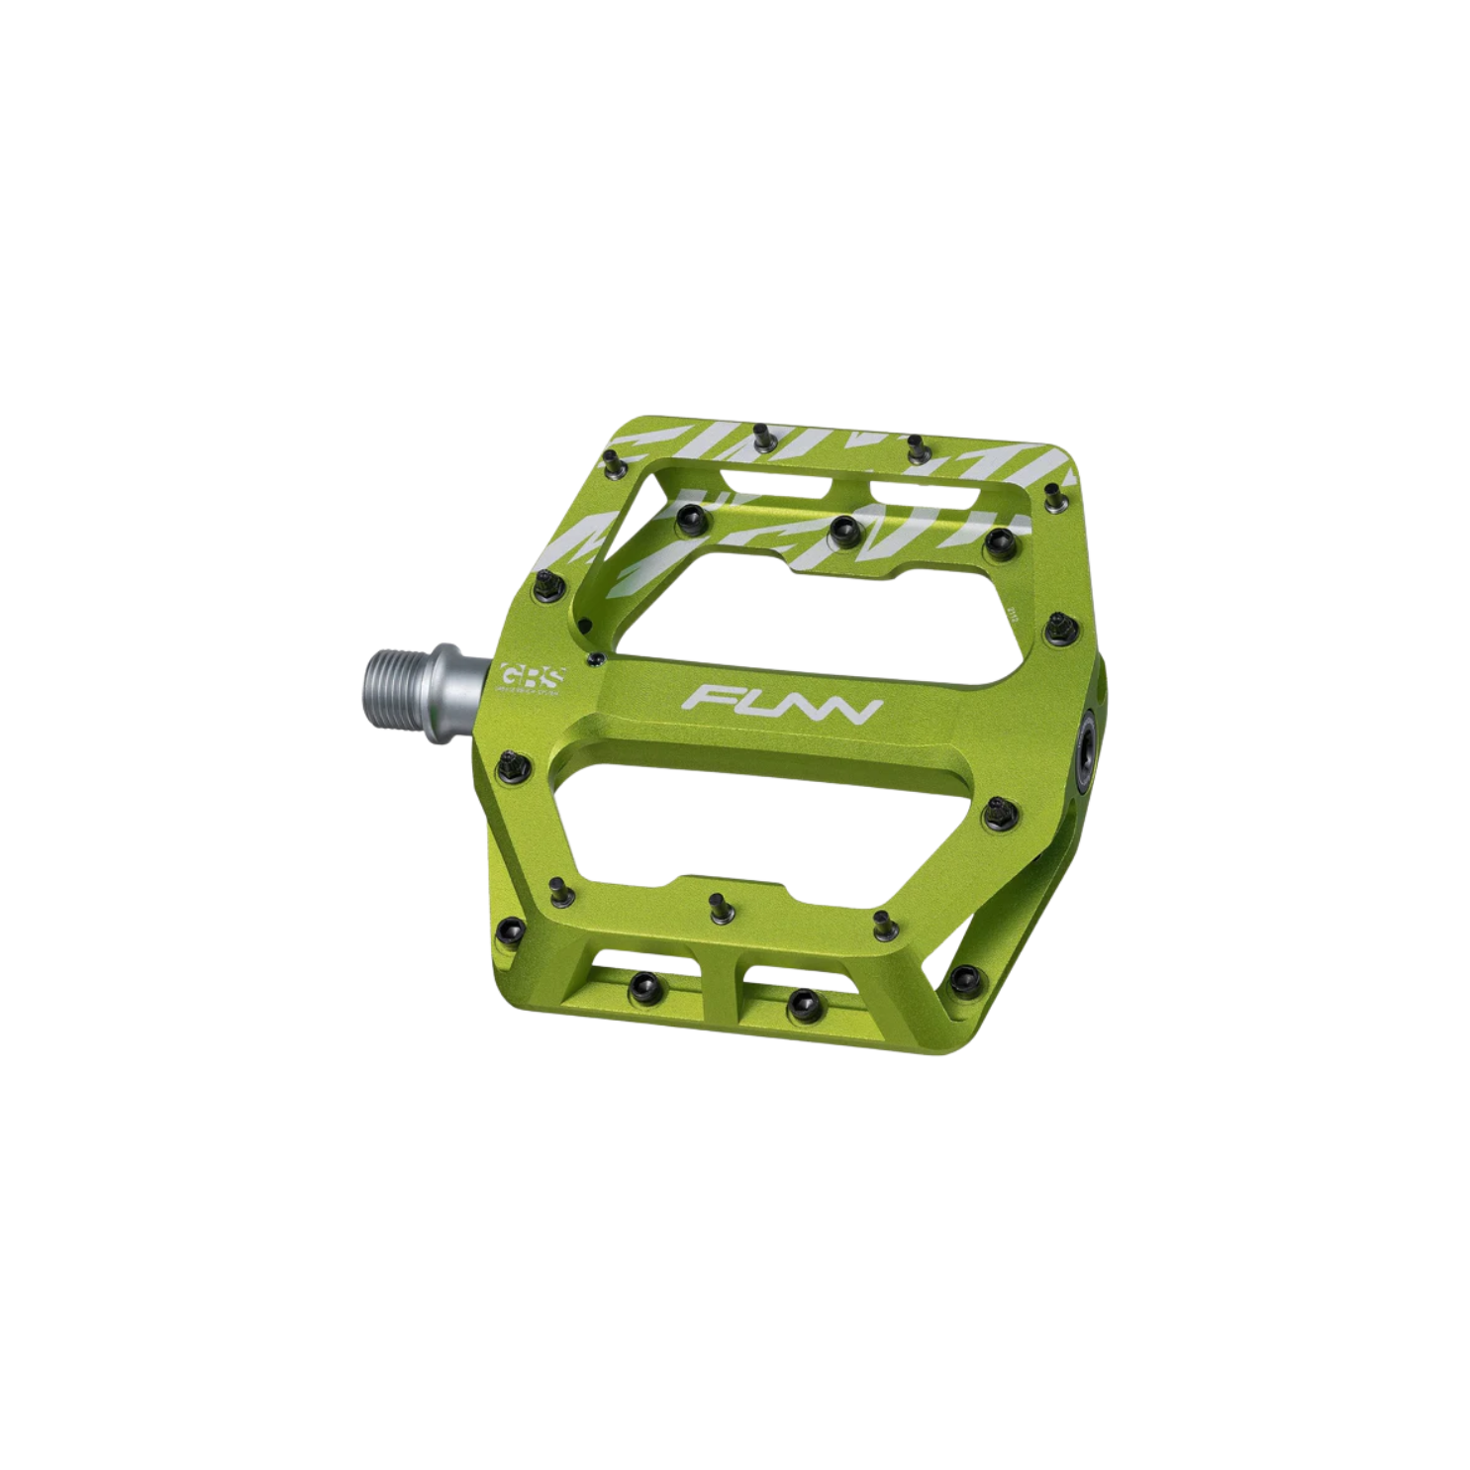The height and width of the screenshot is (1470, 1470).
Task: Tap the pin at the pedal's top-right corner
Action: [1054, 501]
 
